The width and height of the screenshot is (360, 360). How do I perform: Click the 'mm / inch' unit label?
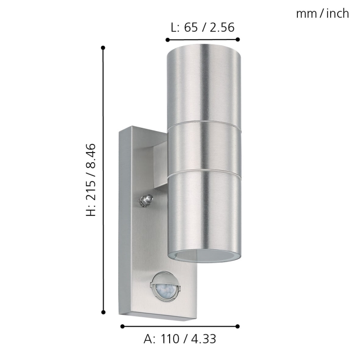322,14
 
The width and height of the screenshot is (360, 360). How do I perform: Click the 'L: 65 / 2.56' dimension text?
202,28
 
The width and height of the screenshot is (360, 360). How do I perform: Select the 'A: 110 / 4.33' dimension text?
180,339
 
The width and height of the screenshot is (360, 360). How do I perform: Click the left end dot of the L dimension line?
167,40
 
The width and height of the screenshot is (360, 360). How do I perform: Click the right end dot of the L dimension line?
238,40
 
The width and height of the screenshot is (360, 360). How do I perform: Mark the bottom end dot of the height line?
103,312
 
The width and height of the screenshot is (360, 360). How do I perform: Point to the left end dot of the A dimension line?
122,326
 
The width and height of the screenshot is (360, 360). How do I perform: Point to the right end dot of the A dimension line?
238,326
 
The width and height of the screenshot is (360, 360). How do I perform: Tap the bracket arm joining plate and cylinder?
160,166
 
